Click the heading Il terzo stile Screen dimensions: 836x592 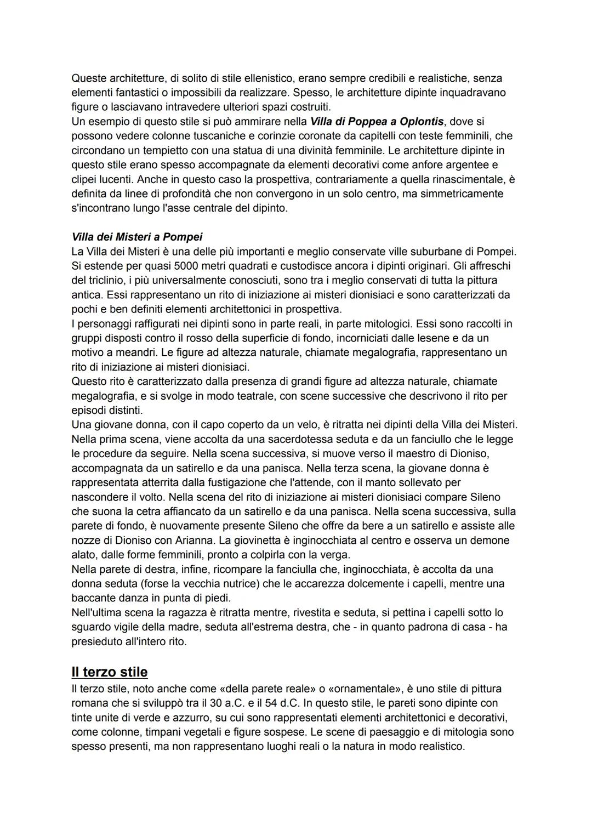coord(110,672)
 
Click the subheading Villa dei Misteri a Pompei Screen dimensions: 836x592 coord(137,237)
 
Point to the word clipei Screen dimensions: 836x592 coord(86,179)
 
